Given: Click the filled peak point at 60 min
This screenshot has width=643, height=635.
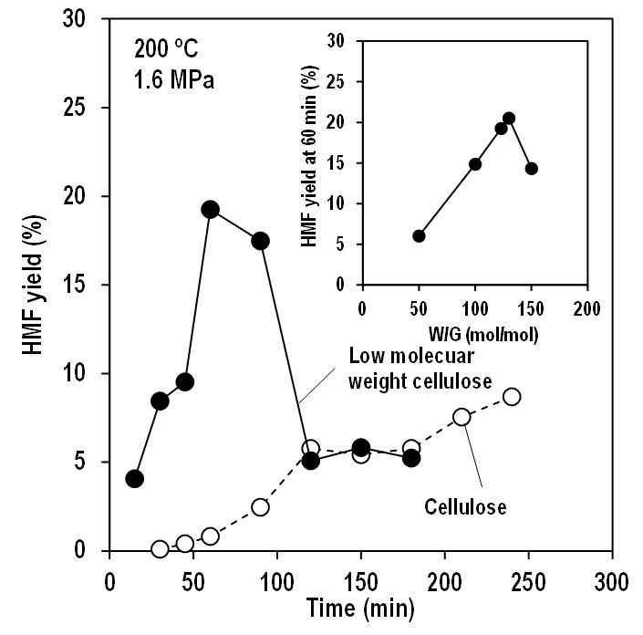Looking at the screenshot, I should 210,209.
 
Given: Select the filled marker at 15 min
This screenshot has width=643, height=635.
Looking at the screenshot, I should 135,479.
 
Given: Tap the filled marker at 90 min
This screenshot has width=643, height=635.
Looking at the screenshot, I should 260,241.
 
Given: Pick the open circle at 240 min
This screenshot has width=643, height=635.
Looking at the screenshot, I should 512,397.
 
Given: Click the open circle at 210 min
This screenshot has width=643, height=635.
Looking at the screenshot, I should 462,417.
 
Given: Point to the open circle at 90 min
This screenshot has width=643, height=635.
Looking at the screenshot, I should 260,507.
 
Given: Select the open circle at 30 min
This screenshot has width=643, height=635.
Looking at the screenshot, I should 160,549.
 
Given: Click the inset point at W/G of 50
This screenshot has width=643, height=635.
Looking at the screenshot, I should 419,235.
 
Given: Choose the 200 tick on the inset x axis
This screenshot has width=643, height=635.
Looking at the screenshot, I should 586,307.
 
